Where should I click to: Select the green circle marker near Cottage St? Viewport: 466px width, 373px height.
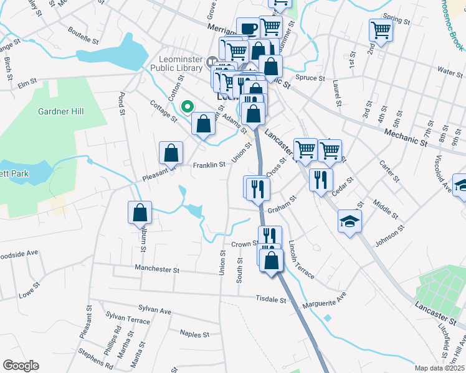(186, 107)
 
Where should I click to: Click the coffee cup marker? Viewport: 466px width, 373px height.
(248, 29)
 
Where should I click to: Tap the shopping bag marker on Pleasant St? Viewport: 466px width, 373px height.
(171, 153)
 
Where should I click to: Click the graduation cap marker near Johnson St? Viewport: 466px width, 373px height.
(349, 221)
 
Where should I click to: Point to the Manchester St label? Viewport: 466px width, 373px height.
(158, 270)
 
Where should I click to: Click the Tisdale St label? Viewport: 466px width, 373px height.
(270, 299)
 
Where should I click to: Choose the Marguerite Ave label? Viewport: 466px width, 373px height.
(324, 303)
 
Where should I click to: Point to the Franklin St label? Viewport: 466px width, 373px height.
(208, 165)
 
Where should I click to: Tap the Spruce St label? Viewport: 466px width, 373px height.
(310, 78)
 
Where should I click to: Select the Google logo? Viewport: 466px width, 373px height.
(21, 366)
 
